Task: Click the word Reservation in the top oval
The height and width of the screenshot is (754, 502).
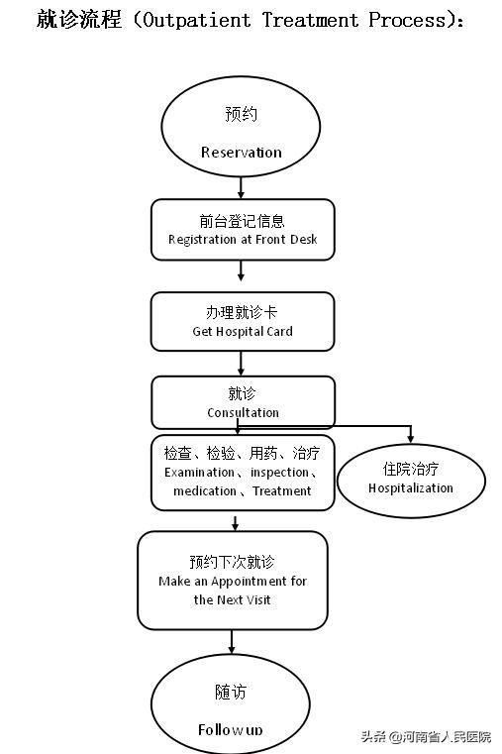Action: (x=241, y=153)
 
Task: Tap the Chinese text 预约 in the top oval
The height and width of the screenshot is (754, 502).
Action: (x=241, y=114)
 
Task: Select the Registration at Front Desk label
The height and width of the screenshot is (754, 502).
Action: (x=243, y=240)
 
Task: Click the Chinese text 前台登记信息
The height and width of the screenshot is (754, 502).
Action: (x=243, y=220)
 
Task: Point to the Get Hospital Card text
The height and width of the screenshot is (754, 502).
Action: (x=243, y=332)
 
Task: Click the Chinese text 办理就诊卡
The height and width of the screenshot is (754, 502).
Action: (x=243, y=312)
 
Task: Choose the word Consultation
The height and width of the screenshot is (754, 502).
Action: (x=243, y=413)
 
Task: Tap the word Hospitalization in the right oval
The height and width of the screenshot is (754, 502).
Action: (x=411, y=487)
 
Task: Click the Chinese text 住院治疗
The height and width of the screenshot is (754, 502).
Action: (x=411, y=468)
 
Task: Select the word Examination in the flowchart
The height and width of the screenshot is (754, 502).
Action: (x=199, y=473)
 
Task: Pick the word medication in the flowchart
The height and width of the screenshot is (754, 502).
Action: (x=205, y=491)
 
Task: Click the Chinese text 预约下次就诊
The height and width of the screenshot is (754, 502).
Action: (x=233, y=562)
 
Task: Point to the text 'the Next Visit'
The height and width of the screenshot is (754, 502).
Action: (x=233, y=599)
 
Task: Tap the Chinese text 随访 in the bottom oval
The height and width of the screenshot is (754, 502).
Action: (x=230, y=692)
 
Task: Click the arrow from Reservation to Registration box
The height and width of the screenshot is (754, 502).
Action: (x=241, y=187)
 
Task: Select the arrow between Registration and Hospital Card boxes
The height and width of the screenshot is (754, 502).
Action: (x=241, y=270)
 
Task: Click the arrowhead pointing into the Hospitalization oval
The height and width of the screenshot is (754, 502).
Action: (x=411, y=438)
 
